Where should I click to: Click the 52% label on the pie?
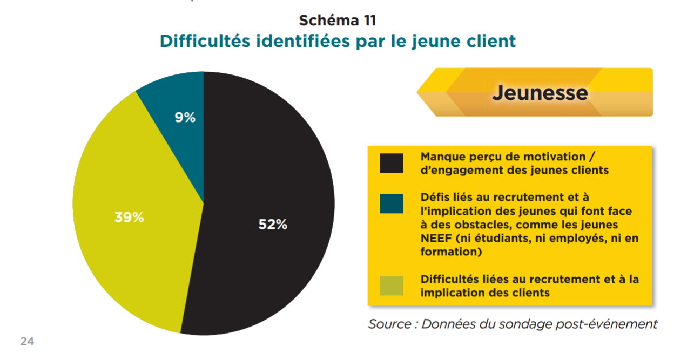coord(272,225)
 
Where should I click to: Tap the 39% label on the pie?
coord(129,218)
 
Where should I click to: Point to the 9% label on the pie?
coord(185,117)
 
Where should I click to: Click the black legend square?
coord(392,164)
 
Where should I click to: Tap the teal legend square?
coord(392,203)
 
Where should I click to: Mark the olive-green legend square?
coord(392,286)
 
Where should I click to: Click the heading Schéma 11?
coord(338,21)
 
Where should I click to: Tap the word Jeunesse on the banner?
coord(540,93)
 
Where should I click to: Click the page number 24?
coord(27,341)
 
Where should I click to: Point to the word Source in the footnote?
coord(389,324)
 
